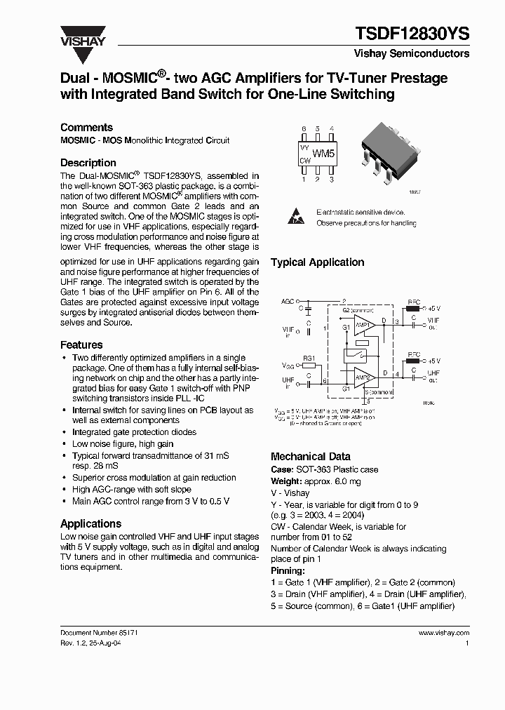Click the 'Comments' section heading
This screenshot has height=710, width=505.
pos(86,127)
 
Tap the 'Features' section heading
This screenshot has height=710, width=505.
pos(81,344)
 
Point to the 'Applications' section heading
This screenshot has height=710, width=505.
pos(90,523)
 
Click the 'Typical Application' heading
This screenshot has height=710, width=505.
pos(317,262)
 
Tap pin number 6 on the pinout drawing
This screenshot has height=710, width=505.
pos(304,129)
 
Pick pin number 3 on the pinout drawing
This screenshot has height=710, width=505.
pos(331,180)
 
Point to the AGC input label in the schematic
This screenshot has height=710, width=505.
pos(288,300)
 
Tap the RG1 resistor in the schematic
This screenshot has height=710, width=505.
pos(309,366)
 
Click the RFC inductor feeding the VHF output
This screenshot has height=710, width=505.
pos(413,307)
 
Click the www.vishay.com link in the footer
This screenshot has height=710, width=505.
pos(443,632)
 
